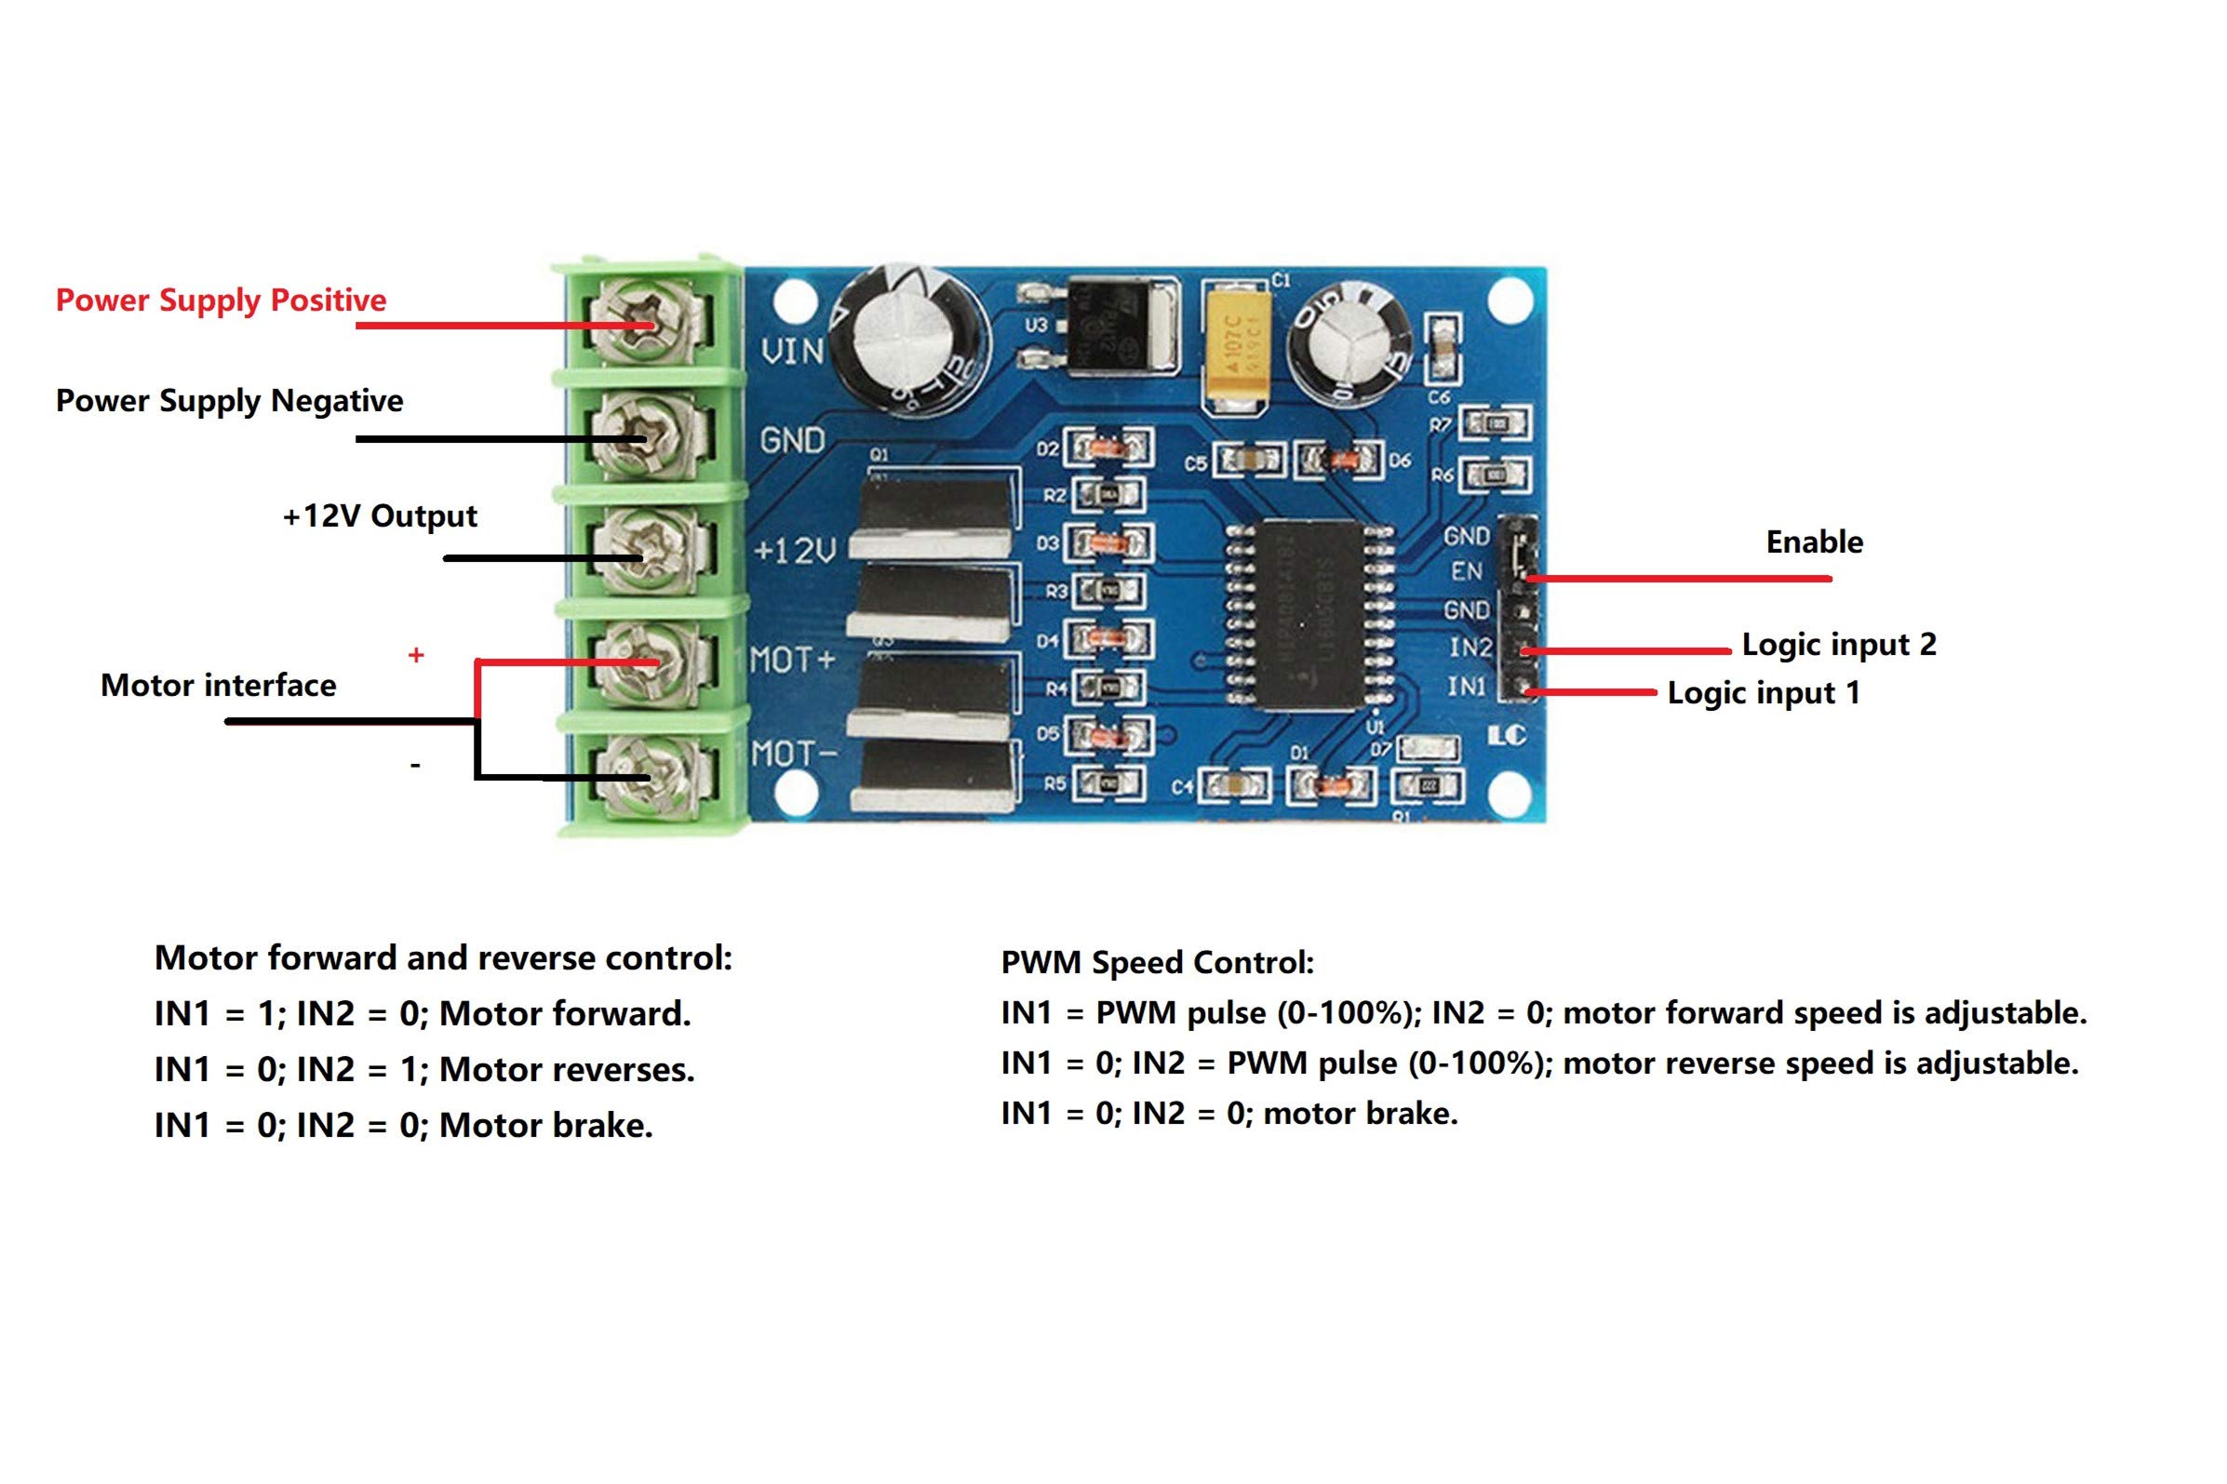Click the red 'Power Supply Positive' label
coord(221,300)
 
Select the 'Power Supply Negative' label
coord(229,400)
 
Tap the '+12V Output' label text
coord(380,515)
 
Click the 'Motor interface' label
coord(218,685)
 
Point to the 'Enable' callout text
coord(1814,542)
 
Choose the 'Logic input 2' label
coord(1838,645)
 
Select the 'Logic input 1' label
coord(1763,693)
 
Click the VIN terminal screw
coord(647,324)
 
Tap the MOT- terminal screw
coord(647,776)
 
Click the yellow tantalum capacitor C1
coord(1235,347)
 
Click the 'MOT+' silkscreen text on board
coord(792,660)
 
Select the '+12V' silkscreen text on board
coord(794,550)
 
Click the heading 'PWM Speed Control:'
coord(1157,963)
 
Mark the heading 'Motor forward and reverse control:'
coord(443,957)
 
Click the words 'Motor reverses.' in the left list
coord(566,1069)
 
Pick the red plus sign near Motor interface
coord(415,655)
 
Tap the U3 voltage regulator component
coord(1123,325)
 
